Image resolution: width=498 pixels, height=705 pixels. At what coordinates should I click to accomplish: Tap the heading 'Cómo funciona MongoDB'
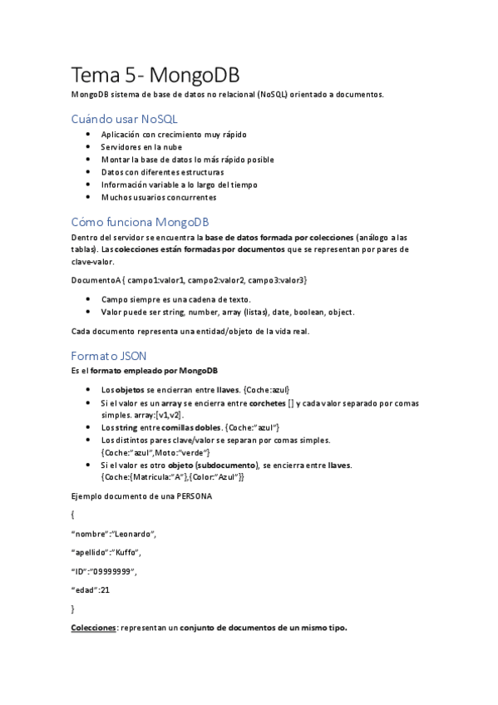pyautogui.click(x=140, y=222)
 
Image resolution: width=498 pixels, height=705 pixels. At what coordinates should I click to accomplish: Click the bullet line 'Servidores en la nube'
pyautogui.click(x=141, y=147)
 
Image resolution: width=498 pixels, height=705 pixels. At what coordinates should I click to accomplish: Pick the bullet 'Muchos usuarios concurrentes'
pyautogui.click(x=159, y=198)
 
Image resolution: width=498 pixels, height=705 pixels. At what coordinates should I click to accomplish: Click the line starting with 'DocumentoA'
pyautogui.click(x=190, y=281)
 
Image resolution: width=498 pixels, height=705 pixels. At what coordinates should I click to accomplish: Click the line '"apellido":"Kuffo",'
pyautogui.click(x=106, y=553)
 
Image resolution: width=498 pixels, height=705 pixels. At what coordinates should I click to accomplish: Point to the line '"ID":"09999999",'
pyautogui.click(x=103, y=571)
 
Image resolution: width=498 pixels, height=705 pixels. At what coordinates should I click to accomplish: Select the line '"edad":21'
pyautogui.click(x=91, y=590)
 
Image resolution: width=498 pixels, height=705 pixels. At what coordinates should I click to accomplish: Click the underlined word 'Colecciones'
pyautogui.click(x=93, y=629)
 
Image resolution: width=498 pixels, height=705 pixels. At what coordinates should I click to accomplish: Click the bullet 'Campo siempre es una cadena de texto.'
pyautogui.click(x=175, y=299)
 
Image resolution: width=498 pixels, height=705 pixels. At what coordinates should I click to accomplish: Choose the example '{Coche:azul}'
pyautogui.click(x=266, y=389)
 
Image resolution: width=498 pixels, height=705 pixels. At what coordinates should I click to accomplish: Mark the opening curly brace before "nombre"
pyautogui.click(x=73, y=515)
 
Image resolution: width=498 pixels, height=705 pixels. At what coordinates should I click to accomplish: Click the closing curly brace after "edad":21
pyautogui.click(x=73, y=609)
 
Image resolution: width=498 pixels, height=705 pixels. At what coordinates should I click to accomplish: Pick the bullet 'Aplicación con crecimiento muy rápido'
pyautogui.click(x=174, y=135)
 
